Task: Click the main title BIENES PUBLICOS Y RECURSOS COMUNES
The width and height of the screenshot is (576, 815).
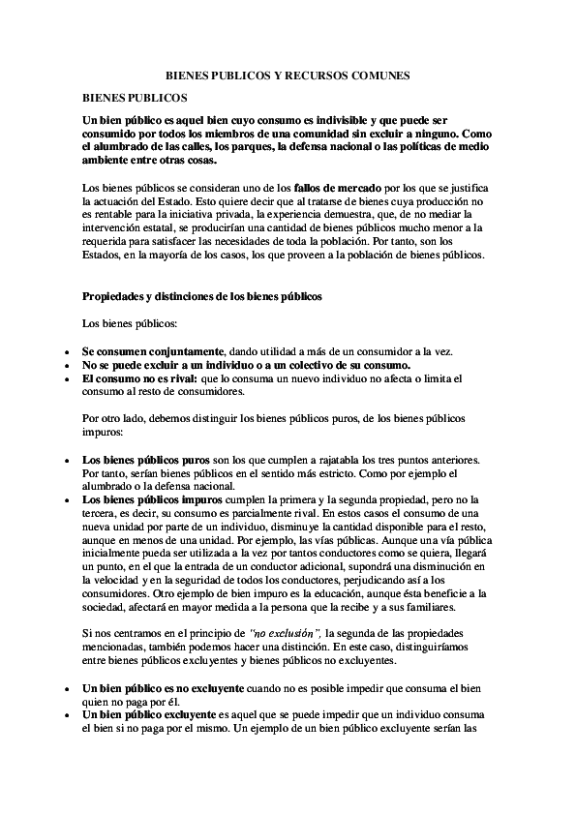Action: click(x=288, y=74)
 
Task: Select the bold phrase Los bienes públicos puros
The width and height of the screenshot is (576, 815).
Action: click(x=146, y=459)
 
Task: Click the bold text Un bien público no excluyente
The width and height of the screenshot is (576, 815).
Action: click(x=162, y=685)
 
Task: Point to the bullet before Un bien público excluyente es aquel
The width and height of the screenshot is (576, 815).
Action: click(x=65, y=714)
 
